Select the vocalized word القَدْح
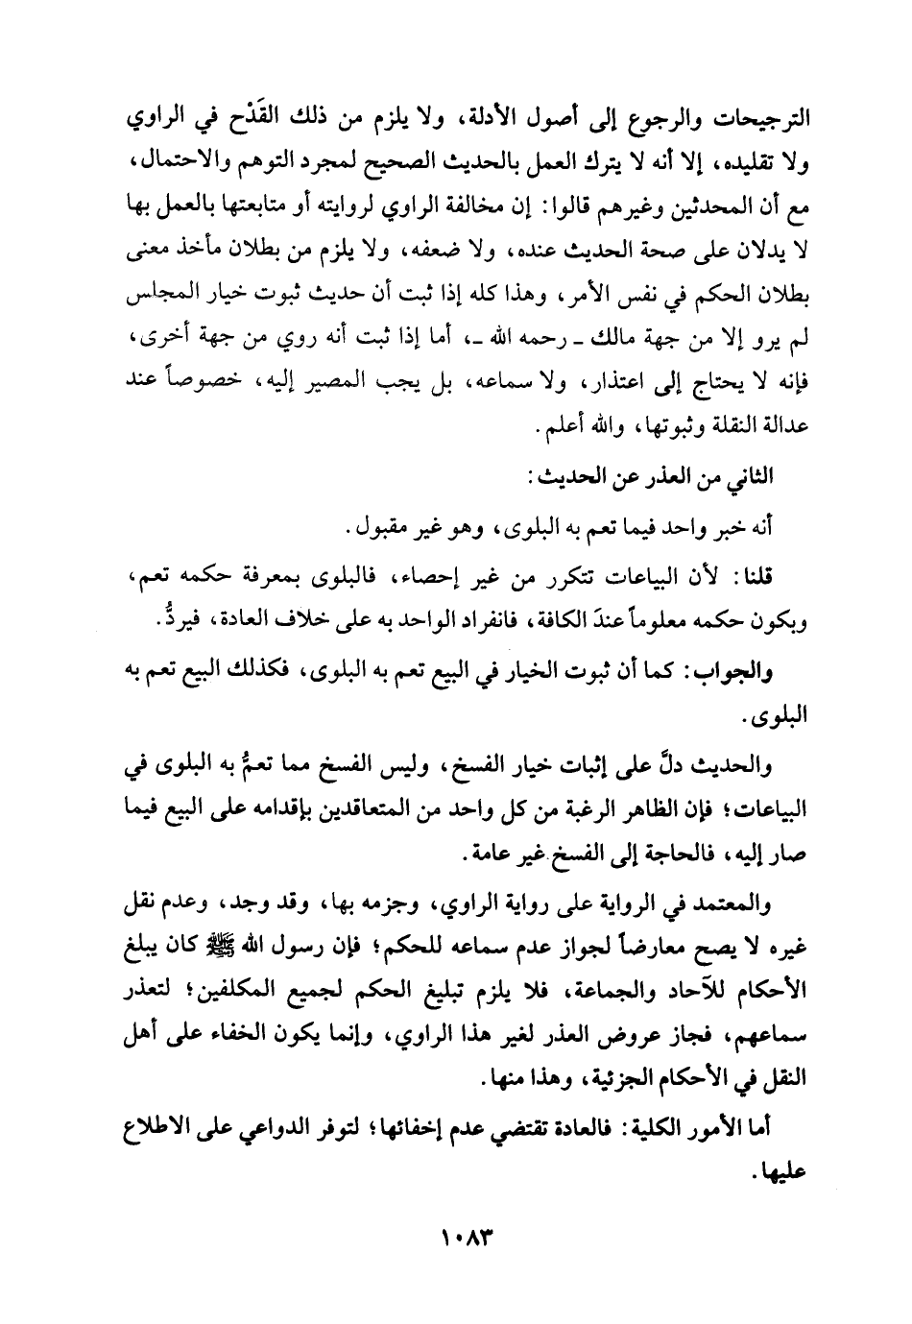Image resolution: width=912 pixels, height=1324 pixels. click(293, 122)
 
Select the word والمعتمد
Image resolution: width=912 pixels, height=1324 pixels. click(737, 905)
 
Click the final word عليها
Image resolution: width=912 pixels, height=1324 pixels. click(780, 1174)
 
